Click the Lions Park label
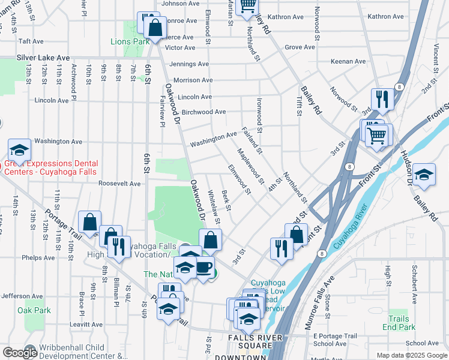(129, 42)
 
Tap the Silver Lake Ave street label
(43, 58)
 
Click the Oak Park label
(34, 310)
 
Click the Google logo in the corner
(19, 352)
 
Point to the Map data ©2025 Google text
(411, 355)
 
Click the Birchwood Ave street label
(203, 112)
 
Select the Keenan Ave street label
(348, 61)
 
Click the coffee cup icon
(204, 267)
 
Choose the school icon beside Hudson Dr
(424, 174)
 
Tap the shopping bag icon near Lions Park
(155, 27)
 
